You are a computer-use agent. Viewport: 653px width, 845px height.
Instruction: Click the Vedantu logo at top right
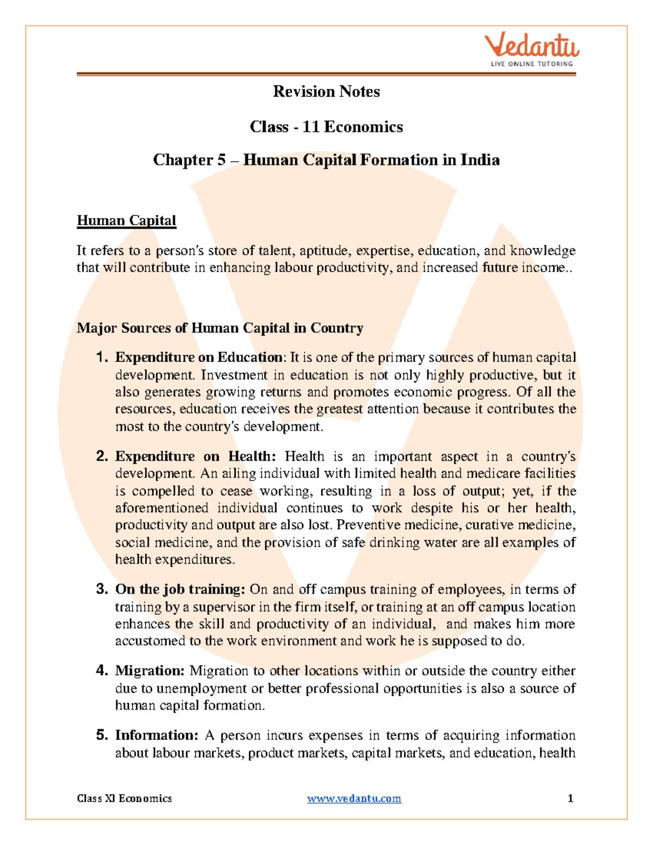532,46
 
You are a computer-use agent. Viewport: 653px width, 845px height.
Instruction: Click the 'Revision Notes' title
326,91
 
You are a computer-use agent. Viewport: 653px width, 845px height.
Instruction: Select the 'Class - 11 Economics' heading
326,127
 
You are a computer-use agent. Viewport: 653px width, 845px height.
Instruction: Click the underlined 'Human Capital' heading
126,220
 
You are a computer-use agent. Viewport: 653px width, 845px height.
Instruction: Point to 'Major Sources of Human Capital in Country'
220,328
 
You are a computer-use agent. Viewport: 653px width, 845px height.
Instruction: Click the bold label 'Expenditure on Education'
199,357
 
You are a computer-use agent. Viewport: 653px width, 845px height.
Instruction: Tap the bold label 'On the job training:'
180,589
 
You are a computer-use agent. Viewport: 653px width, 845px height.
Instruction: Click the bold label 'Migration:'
150,671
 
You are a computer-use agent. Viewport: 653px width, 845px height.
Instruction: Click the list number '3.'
102,589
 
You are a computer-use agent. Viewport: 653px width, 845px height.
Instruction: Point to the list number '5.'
102,736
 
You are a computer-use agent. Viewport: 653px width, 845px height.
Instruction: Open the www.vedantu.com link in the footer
354,798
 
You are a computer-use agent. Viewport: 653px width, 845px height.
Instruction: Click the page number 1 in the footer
570,798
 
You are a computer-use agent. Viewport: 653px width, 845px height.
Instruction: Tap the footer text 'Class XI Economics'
124,798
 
